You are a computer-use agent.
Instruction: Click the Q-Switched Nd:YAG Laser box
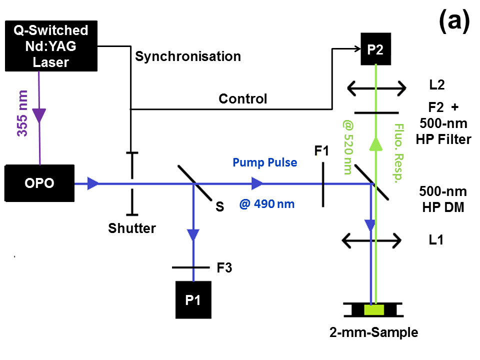(x=50, y=46)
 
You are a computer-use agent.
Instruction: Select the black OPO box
(x=39, y=183)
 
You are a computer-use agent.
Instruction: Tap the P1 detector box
(x=193, y=299)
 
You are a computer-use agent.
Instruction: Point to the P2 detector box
(x=375, y=50)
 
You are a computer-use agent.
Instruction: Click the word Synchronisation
(x=188, y=56)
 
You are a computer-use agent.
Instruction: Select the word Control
(x=243, y=98)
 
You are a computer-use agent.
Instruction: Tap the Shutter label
(x=132, y=228)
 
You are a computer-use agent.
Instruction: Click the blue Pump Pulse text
(x=264, y=163)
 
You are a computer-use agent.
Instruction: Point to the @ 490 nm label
(x=267, y=204)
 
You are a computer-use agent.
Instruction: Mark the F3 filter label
(x=224, y=268)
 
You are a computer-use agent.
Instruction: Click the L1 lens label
(x=436, y=239)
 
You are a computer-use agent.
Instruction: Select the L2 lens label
(x=436, y=85)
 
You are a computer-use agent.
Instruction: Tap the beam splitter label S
(x=219, y=206)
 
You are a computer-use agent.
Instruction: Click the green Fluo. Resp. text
(x=399, y=152)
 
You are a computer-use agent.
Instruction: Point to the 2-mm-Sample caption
(x=373, y=332)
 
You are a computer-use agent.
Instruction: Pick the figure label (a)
(x=454, y=21)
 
